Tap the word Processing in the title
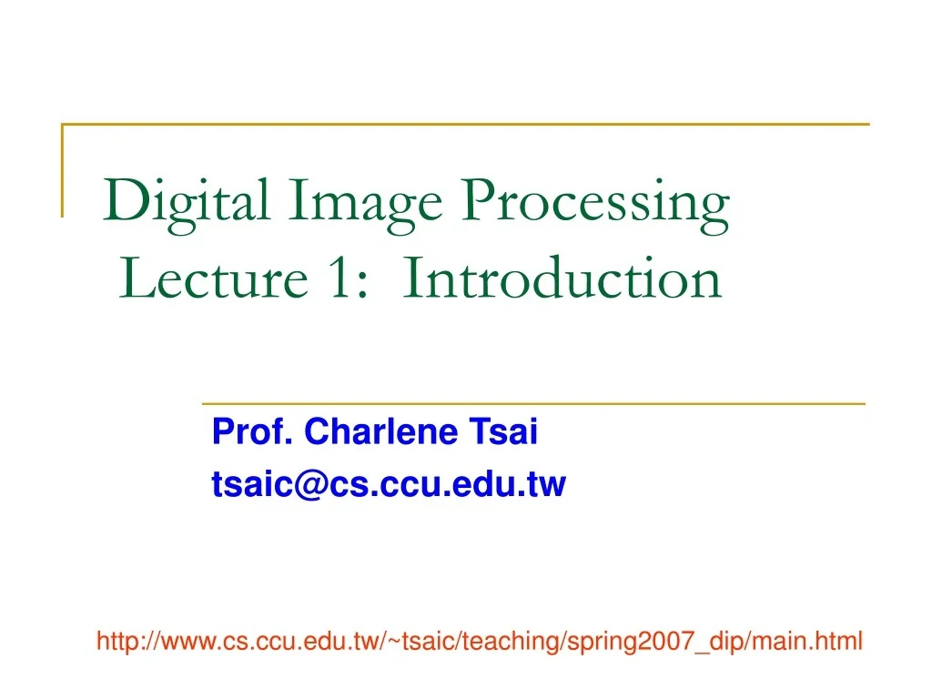click(x=595, y=202)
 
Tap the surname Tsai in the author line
click(x=504, y=432)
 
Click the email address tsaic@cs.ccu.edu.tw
click(x=389, y=485)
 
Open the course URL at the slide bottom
click(x=480, y=642)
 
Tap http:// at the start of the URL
click(x=124, y=642)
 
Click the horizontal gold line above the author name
click(x=532, y=402)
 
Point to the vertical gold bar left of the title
click(x=63, y=169)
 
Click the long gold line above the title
click(x=464, y=124)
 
